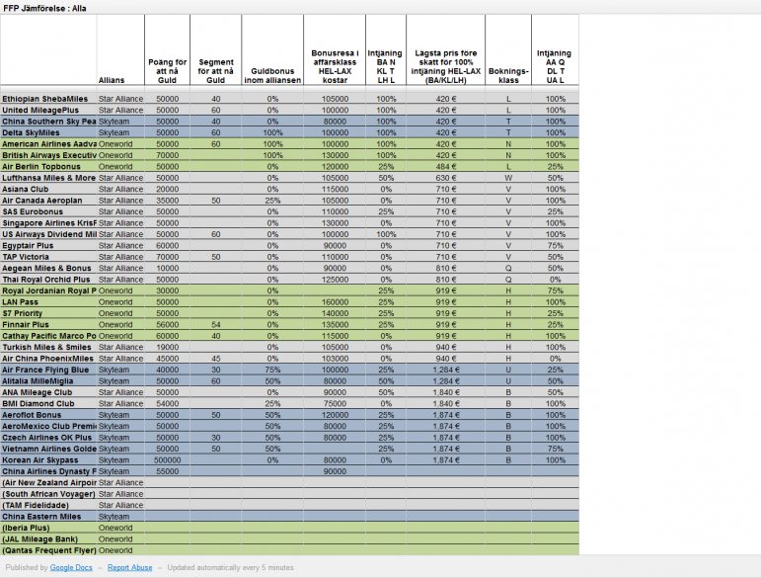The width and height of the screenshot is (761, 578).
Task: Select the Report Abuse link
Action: click(130, 567)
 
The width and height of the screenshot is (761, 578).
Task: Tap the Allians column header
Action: click(113, 80)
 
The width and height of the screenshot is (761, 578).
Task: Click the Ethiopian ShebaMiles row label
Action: click(45, 99)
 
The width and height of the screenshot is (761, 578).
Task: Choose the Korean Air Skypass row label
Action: click(40, 459)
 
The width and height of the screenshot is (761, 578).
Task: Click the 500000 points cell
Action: click(167, 459)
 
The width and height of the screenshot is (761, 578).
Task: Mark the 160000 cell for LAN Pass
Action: click(335, 301)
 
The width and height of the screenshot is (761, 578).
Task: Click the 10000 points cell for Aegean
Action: click(167, 268)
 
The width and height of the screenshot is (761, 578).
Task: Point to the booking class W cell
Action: click(508, 178)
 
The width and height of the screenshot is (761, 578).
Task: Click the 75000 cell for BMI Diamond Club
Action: click(335, 403)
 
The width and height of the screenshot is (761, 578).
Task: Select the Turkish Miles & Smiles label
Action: click(46, 347)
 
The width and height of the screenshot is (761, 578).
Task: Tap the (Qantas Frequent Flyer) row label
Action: click(48, 549)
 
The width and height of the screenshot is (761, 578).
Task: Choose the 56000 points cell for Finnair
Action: click(167, 324)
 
